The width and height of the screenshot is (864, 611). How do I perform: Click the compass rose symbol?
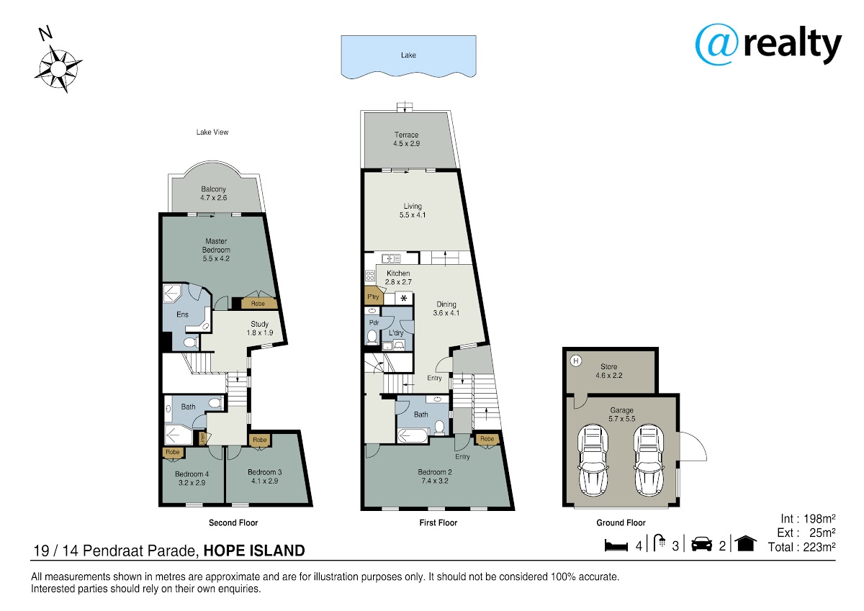pyautogui.click(x=58, y=69)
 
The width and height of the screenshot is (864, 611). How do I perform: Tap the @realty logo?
pyautogui.click(x=768, y=45)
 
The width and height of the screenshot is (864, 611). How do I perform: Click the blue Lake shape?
pyautogui.click(x=408, y=57)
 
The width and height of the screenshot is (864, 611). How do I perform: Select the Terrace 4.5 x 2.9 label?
pyautogui.click(x=407, y=139)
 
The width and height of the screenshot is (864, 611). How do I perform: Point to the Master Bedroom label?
pyautogui.click(x=216, y=250)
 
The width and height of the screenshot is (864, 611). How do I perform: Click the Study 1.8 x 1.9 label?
pyautogui.click(x=260, y=328)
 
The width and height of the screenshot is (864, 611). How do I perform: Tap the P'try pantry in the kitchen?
pyautogui.click(x=373, y=297)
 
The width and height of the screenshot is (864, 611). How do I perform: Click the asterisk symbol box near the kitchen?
pyautogui.click(x=404, y=299)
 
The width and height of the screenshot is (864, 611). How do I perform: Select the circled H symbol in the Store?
pyautogui.click(x=576, y=361)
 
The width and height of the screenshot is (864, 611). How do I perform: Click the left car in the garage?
pyautogui.click(x=593, y=461)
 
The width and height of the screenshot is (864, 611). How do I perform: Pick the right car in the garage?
pyautogui.click(x=649, y=461)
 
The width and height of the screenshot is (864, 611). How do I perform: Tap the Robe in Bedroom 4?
pyautogui.click(x=173, y=452)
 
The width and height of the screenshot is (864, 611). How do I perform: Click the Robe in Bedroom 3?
pyautogui.click(x=260, y=440)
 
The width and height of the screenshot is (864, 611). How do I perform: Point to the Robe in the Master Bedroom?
pyautogui.click(x=258, y=304)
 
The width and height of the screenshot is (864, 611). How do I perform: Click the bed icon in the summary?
pyautogui.click(x=616, y=546)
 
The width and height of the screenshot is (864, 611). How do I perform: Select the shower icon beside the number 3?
pyautogui.click(x=660, y=543)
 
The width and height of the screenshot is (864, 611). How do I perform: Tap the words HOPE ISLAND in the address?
pyautogui.click(x=254, y=551)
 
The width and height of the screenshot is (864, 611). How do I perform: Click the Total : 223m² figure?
pyautogui.click(x=801, y=547)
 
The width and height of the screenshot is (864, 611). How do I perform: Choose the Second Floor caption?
pyautogui.click(x=233, y=522)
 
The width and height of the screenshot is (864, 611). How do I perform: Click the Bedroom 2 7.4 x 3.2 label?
pyautogui.click(x=435, y=476)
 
